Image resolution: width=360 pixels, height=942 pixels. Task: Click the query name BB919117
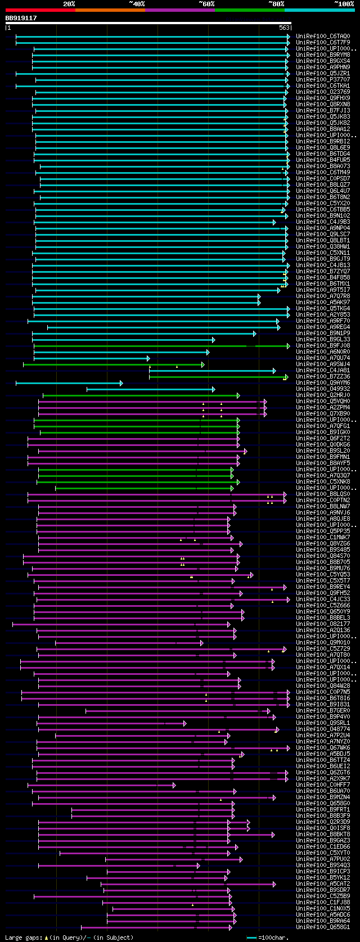tap(21, 18)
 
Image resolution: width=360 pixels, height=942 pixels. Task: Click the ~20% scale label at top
tap(69, 4)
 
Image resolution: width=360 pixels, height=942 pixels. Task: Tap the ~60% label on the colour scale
tap(206, 4)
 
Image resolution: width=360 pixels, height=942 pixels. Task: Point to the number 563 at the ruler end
tap(284, 28)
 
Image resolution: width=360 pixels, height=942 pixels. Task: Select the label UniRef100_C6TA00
tap(322, 37)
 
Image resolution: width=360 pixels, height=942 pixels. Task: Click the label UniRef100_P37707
tap(322, 80)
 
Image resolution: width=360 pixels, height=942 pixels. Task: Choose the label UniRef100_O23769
tap(322, 92)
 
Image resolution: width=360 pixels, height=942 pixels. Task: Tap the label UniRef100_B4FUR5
tap(322, 160)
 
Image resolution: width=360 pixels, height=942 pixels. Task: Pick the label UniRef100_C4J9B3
tap(322, 222)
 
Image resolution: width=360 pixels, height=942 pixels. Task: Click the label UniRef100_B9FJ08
tap(322, 346)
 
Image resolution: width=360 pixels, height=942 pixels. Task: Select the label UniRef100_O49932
tap(322, 389)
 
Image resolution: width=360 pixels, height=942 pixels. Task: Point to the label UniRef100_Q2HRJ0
tap(322, 395)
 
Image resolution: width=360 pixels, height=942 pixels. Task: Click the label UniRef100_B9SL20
tap(322, 451)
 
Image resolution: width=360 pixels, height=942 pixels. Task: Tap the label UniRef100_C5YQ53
tap(322, 575)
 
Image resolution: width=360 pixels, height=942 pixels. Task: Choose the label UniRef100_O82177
tap(322, 624)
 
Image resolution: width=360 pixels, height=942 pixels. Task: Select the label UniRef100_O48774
tap(322, 729)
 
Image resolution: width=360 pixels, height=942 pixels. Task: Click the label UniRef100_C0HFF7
tap(322, 785)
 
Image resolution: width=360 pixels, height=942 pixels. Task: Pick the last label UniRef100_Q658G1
tap(322, 927)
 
